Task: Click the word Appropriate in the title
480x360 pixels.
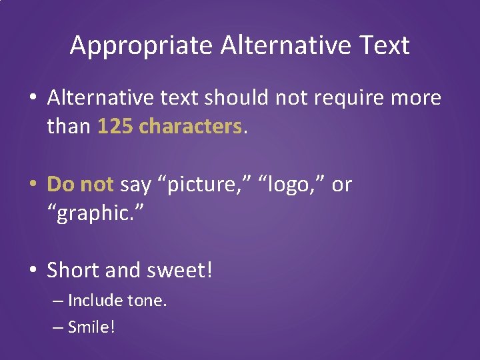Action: click(141, 45)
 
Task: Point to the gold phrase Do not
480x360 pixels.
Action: click(81, 184)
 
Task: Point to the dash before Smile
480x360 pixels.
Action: click(57, 327)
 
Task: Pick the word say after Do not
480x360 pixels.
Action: click(135, 185)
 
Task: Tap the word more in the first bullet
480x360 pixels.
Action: click(416, 98)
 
